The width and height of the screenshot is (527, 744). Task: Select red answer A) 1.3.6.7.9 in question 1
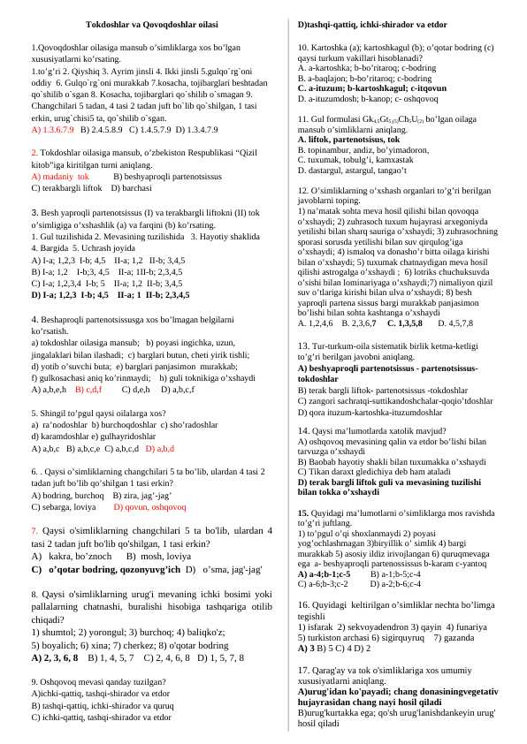pos(52,129)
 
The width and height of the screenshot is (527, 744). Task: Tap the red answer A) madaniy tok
pos(60,177)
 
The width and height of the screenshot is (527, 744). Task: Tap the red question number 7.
pos(34,531)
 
